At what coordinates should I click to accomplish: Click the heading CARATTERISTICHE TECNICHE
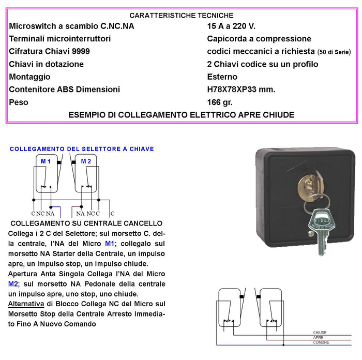pyautogui.click(x=181, y=16)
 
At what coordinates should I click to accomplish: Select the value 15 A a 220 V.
pyautogui.click(x=231, y=26)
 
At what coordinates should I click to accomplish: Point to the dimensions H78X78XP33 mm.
pyautogui.click(x=241, y=89)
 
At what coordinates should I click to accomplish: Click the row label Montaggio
pyautogui.click(x=30, y=77)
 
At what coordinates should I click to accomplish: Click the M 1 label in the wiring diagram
pyautogui.click(x=46, y=161)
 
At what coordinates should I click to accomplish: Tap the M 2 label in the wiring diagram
pyautogui.click(x=86, y=161)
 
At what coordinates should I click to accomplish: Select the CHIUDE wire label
pyautogui.click(x=320, y=333)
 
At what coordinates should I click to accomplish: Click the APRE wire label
pyautogui.click(x=319, y=338)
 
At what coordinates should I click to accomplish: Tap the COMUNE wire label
pyautogui.click(x=321, y=343)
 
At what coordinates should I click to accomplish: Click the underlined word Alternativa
pyautogui.click(x=26, y=304)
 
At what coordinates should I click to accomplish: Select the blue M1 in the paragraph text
pyautogui.click(x=110, y=244)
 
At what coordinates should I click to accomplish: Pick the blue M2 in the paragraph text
pyautogui.click(x=13, y=284)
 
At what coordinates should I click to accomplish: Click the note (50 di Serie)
pyautogui.click(x=334, y=52)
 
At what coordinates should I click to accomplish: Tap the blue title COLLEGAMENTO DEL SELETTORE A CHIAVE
pyautogui.click(x=82, y=149)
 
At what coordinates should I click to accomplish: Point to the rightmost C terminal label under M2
pyautogui.click(x=112, y=213)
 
